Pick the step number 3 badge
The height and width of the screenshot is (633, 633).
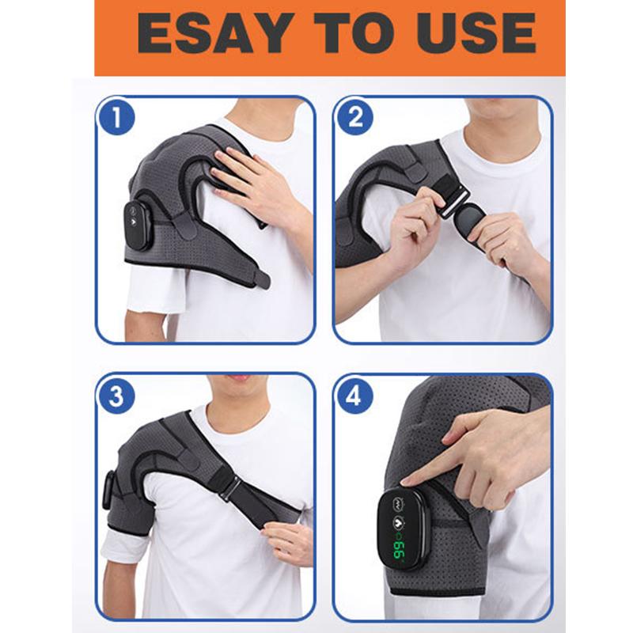(x=116, y=396)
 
